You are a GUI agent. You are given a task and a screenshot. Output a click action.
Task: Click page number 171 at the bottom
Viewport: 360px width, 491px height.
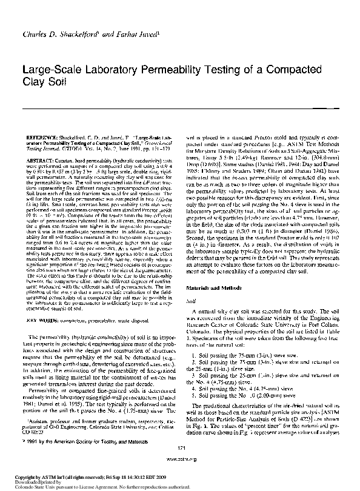click(181, 464)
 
